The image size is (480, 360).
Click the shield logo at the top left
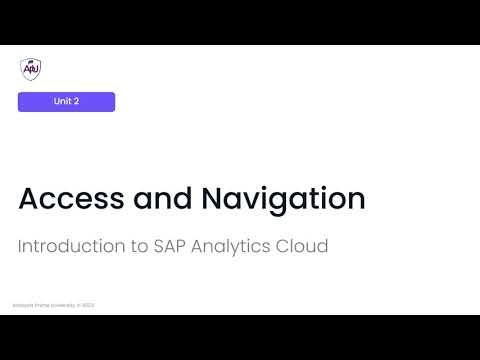(x=30, y=68)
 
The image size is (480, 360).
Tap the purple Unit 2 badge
(x=66, y=102)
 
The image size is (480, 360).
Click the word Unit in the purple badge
(x=61, y=102)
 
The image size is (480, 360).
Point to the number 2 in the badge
(x=76, y=102)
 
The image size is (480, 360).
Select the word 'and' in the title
(x=159, y=198)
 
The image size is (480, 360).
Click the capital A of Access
(x=29, y=198)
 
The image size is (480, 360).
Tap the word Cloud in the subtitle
(x=303, y=245)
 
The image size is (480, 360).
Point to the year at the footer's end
(x=89, y=306)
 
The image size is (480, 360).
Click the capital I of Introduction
(x=20, y=245)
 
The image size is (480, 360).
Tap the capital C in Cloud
(x=285, y=245)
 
